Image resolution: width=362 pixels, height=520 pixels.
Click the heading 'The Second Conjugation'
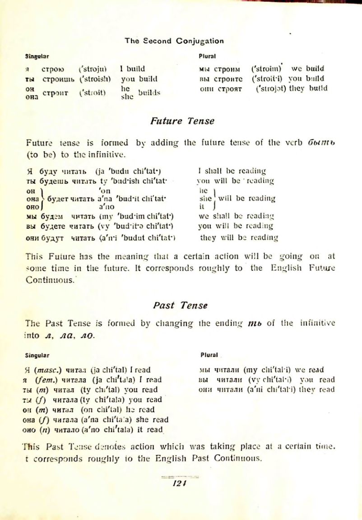[174, 41]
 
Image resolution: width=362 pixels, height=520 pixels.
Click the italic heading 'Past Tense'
[180, 305]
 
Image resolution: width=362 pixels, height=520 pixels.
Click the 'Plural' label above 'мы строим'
[206, 57]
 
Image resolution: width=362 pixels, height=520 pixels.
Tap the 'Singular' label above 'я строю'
[37, 57]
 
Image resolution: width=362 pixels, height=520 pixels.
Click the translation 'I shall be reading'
[232, 171]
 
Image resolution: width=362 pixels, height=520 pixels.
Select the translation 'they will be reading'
[239, 236]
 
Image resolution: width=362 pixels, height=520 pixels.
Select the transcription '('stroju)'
[92, 70]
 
